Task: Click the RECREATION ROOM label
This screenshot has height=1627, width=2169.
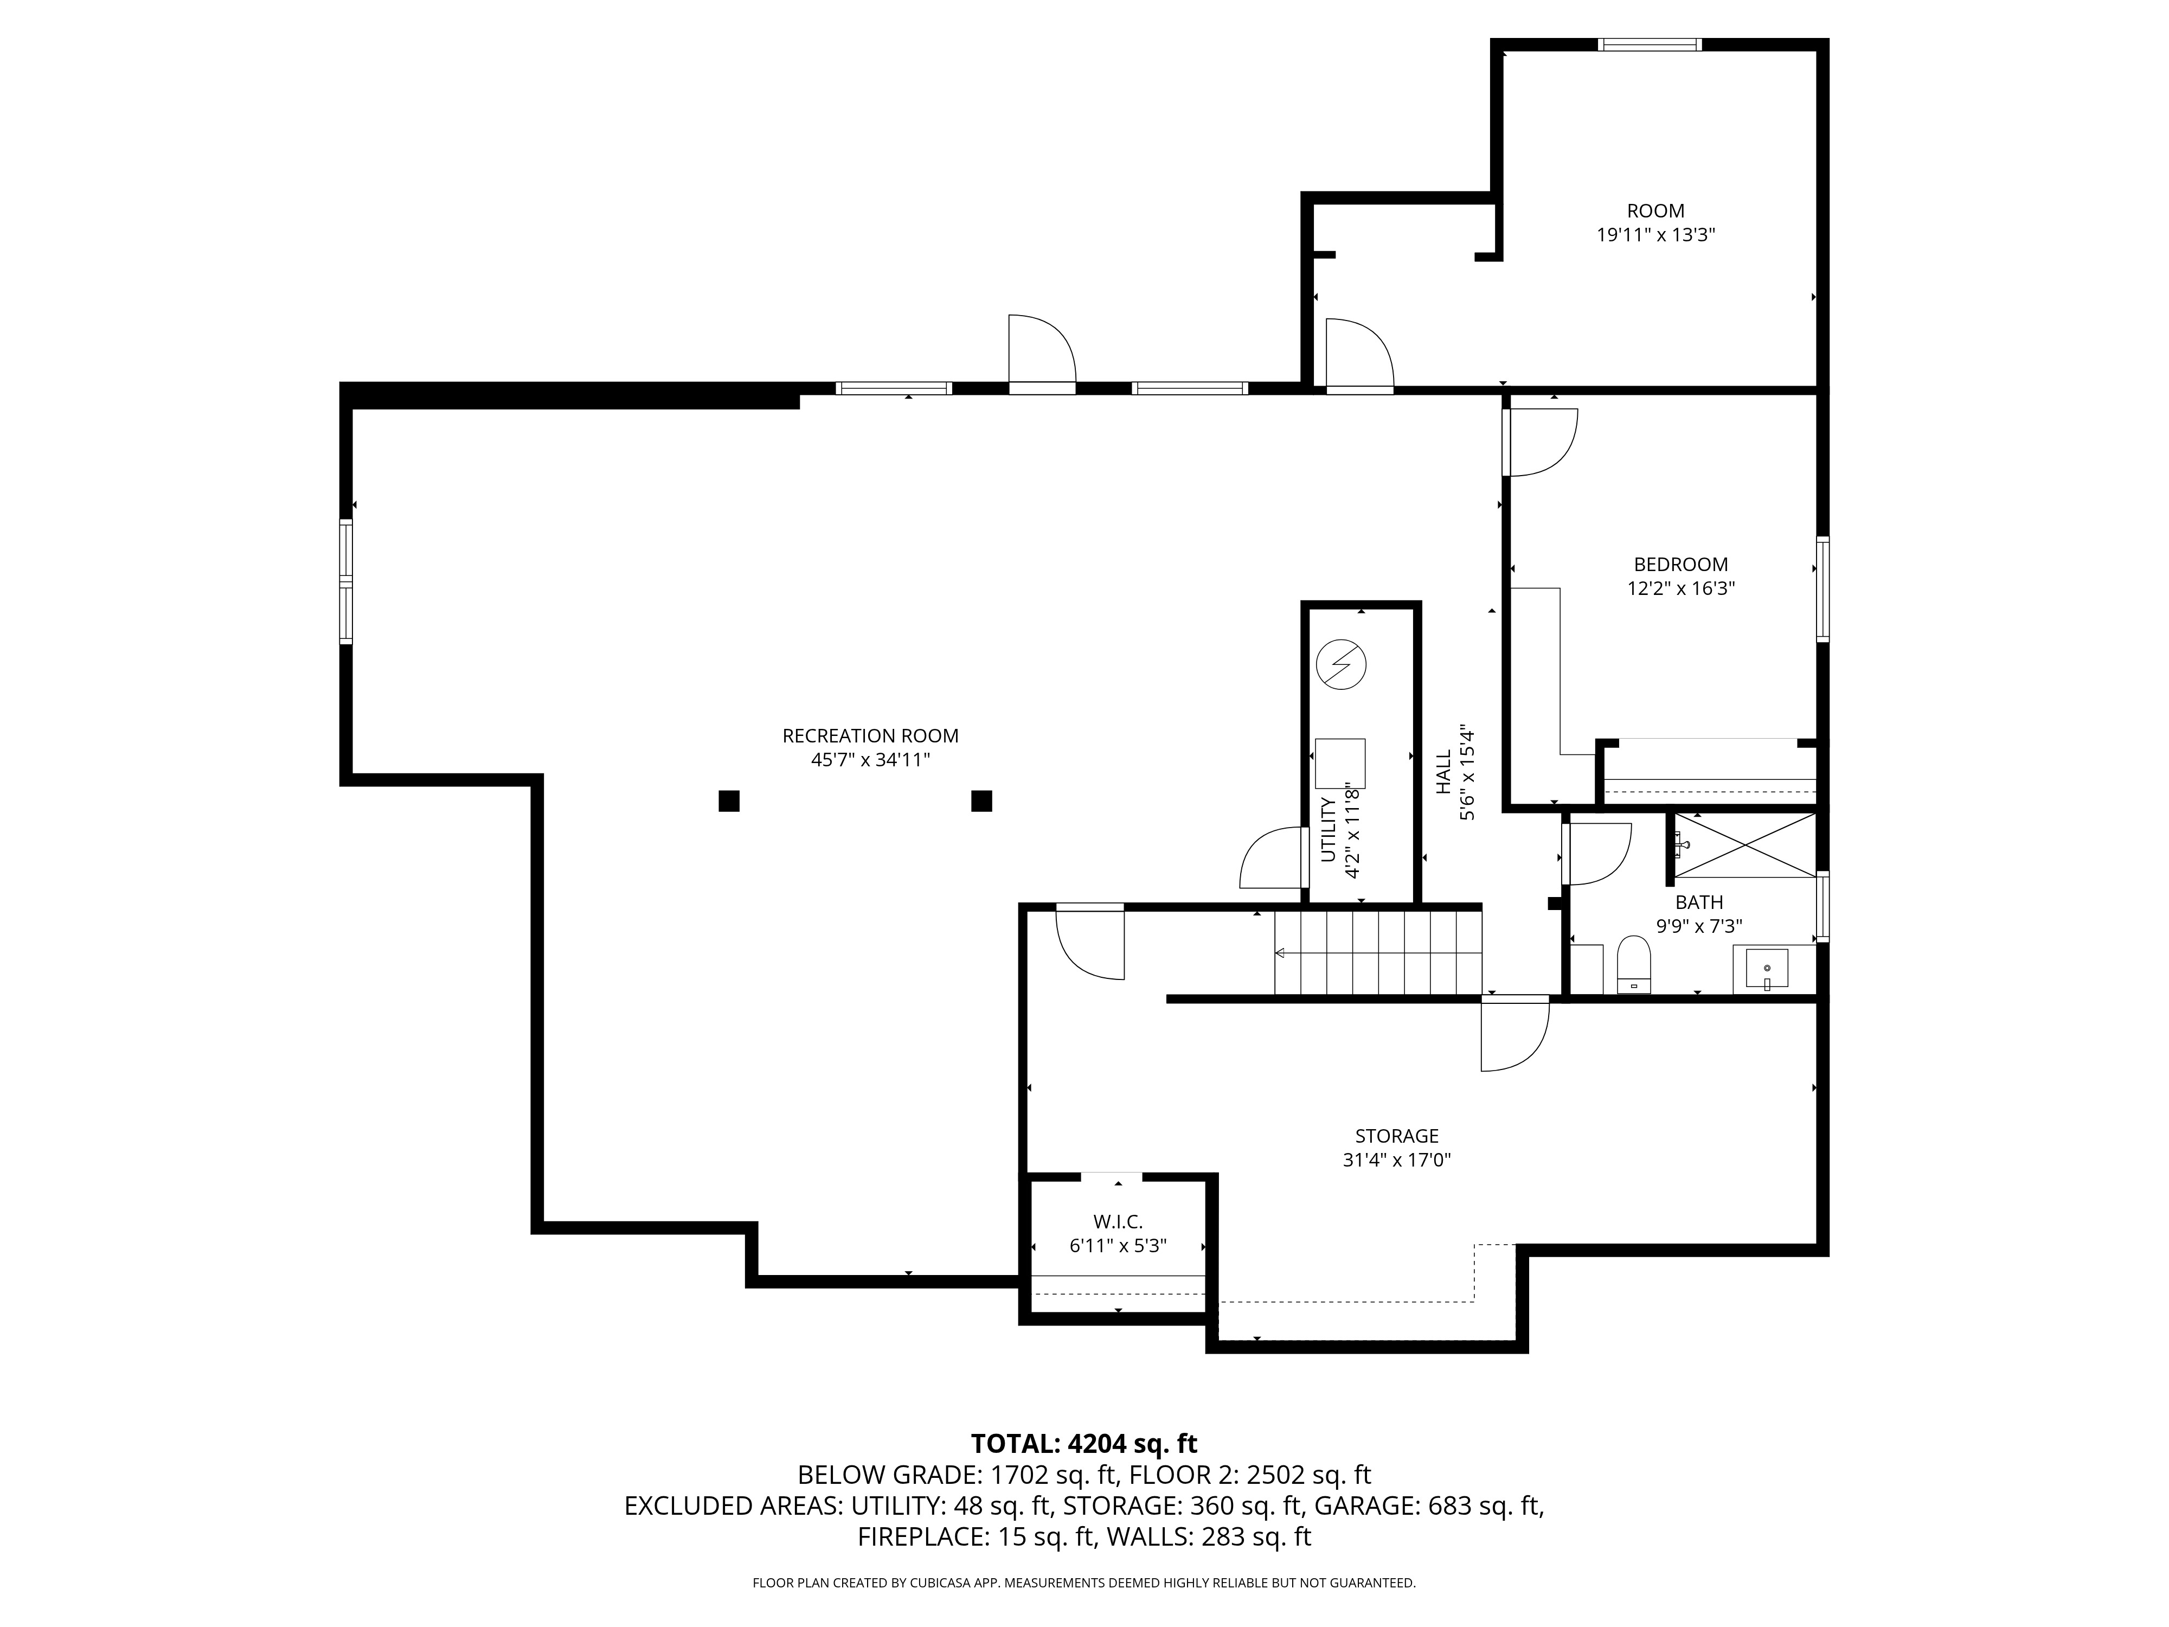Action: coord(870,735)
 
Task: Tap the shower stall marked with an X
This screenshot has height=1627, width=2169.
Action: coord(1744,844)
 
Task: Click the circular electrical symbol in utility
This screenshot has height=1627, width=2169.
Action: coord(1340,665)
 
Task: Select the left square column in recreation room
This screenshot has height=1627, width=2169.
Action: coord(729,801)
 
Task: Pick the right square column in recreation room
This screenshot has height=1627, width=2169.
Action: coord(981,801)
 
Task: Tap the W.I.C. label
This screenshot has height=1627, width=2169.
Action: coord(1118,1222)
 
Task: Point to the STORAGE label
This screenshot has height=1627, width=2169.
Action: coord(1396,1136)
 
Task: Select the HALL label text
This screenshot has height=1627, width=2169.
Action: coord(1443,773)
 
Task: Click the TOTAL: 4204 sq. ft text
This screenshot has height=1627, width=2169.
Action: coord(1083,1444)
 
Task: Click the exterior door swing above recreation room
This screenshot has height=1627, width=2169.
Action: coord(1041,351)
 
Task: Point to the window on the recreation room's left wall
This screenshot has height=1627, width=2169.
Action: coord(345,581)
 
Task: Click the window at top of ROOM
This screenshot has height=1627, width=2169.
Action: coord(1650,44)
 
